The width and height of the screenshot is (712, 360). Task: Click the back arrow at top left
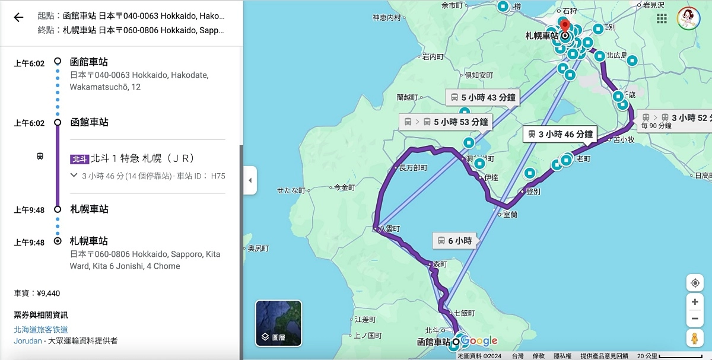click(18, 17)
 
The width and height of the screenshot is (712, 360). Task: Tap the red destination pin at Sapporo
click(565, 26)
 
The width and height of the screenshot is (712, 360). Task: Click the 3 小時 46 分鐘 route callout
click(558, 134)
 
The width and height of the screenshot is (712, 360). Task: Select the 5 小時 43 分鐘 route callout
click(482, 97)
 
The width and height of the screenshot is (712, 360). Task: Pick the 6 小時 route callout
click(454, 240)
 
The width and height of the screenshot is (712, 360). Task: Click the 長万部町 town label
click(413, 168)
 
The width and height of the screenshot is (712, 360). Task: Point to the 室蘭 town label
click(510, 214)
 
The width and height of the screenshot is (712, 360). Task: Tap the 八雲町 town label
click(389, 228)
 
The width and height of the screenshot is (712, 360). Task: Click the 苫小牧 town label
click(624, 140)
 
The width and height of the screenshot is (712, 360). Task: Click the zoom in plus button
click(694, 301)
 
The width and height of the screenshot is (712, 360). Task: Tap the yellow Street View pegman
click(694, 339)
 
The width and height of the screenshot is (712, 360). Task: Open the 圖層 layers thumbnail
click(278, 323)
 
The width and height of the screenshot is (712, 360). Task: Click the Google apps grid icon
click(662, 18)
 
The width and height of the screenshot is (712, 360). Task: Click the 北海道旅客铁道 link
click(41, 329)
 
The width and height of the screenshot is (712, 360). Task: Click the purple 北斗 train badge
click(79, 159)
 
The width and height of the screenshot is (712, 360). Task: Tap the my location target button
click(694, 283)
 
